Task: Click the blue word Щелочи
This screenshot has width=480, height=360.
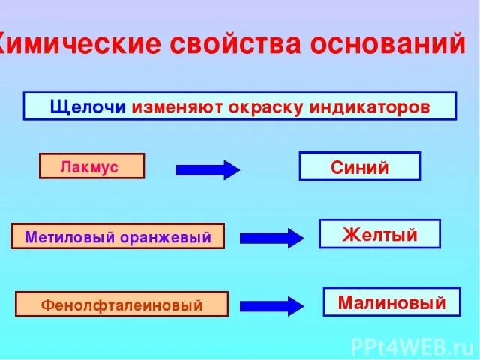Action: [89, 106]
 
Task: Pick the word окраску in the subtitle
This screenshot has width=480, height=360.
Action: [264, 106]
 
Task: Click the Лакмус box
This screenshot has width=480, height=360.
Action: [91, 166]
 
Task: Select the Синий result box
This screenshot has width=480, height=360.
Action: [360, 166]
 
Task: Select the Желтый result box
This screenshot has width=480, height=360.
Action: [379, 234]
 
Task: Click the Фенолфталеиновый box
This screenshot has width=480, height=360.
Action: [121, 304]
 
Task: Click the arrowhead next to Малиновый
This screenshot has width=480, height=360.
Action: [295, 306]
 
